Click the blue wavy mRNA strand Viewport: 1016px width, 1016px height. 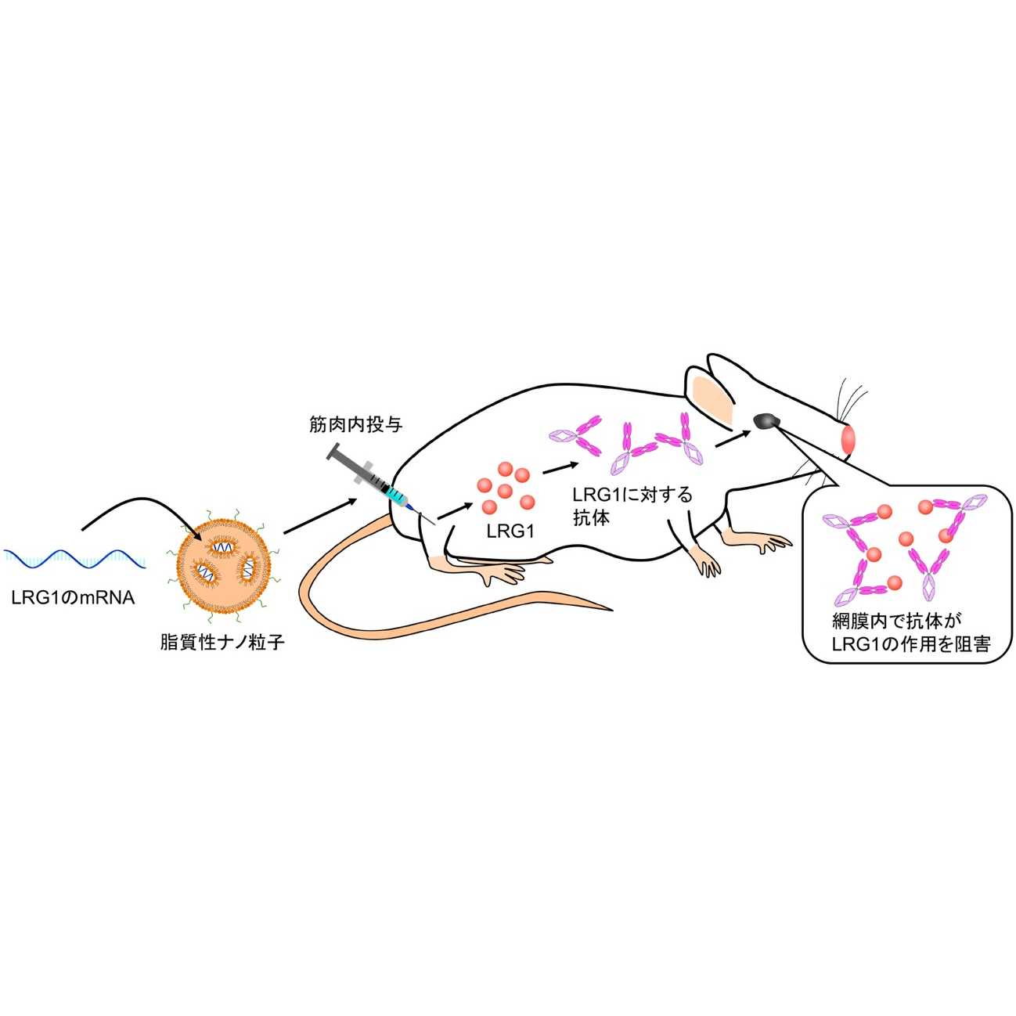point(74,558)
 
